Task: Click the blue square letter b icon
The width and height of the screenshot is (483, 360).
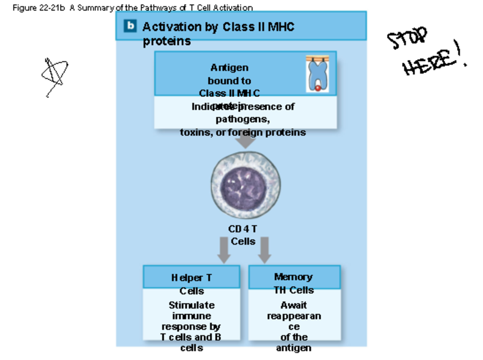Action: coord(130,26)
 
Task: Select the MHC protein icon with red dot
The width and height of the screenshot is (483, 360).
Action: coord(317,74)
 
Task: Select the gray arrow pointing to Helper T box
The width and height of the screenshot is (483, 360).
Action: coord(224,250)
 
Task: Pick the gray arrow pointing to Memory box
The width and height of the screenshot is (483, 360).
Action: coord(264,250)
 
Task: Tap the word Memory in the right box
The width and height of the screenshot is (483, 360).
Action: coord(293,277)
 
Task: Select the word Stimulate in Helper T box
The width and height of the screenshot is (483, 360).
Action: coord(192,305)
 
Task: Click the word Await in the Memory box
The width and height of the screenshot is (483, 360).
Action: coord(294,305)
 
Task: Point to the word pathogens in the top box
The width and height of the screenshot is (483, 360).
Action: coord(243,120)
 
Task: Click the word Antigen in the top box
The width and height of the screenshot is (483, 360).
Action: coord(229,68)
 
